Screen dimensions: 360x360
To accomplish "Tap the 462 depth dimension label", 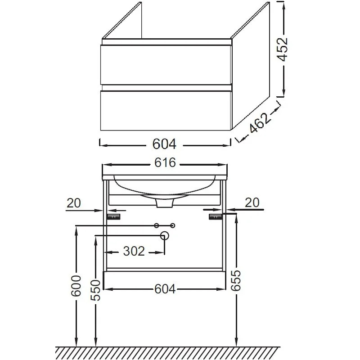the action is (x=259, y=123).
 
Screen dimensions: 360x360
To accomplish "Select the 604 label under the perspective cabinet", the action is (x=164, y=144).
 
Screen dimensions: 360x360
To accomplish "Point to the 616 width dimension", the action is (x=165, y=162).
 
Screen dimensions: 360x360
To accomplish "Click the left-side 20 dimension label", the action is (x=74, y=203).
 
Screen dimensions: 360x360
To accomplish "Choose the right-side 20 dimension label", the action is (x=252, y=202).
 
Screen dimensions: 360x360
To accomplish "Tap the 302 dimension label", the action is (x=134, y=251).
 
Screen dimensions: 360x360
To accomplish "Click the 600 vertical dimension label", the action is (x=76, y=286).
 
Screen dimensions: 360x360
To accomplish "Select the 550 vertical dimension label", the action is (x=95, y=290).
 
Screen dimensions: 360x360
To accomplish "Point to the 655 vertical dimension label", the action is (x=236, y=280).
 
